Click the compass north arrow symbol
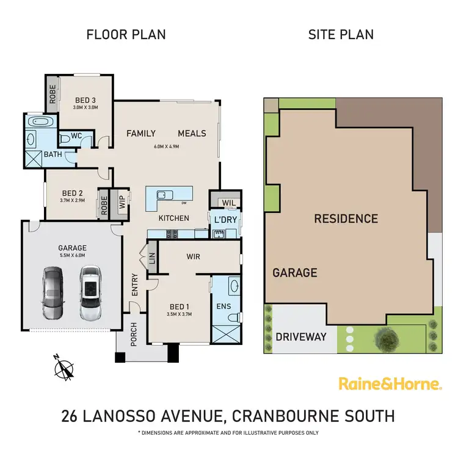tap(64, 368)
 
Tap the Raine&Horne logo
tap(390, 384)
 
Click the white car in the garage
tap(90, 293)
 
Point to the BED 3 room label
tap(85, 100)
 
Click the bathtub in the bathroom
tap(42, 122)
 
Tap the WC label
tap(77, 136)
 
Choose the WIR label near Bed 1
tap(194, 256)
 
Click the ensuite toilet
tap(232, 316)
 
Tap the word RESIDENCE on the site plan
tap(346, 219)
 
